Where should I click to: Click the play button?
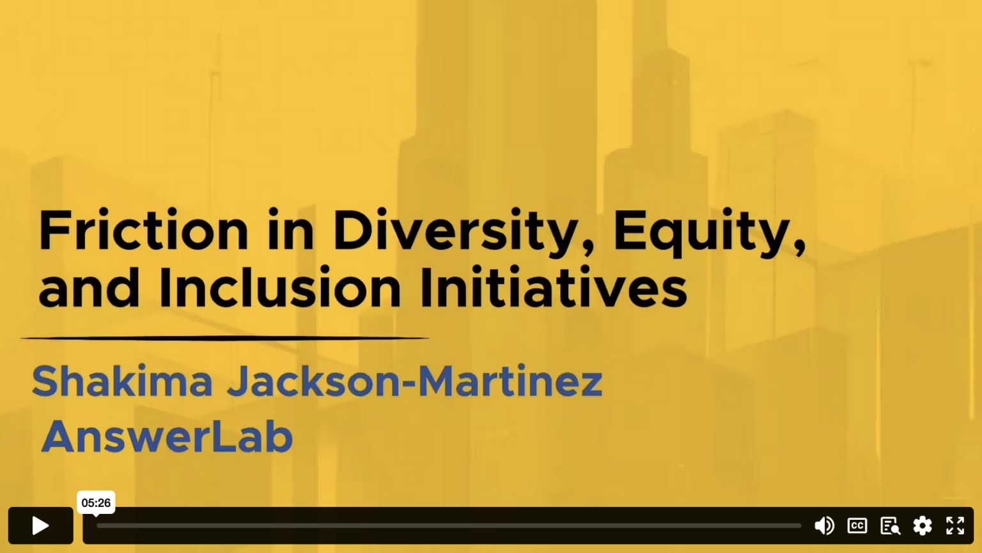pyautogui.click(x=40, y=525)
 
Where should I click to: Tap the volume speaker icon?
pyautogui.click(x=824, y=525)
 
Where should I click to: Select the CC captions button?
pyautogui.click(x=857, y=525)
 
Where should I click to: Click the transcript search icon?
pyautogui.click(x=890, y=525)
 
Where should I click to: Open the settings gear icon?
pyautogui.click(x=923, y=525)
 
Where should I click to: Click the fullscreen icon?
pyautogui.click(x=955, y=525)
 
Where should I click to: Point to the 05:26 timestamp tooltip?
pyautogui.click(x=96, y=502)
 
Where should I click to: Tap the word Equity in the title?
pyautogui.click(x=709, y=232)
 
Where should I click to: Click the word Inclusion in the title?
pyautogui.click(x=280, y=287)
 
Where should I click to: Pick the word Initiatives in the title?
pyautogui.click(x=553, y=287)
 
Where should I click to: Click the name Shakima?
pyautogui.click(x=122, y=380)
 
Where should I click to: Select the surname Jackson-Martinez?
pyautogui.click(x=415, y=380)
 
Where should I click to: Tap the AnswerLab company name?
pyautogui.click(x=167, y=436)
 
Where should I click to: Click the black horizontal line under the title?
pyautogui.click(x=224, y=338)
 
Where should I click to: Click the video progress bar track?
pyautogui.click(x=449, y=525)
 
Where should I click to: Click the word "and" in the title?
pyautogui.click(x=89, y=287)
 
